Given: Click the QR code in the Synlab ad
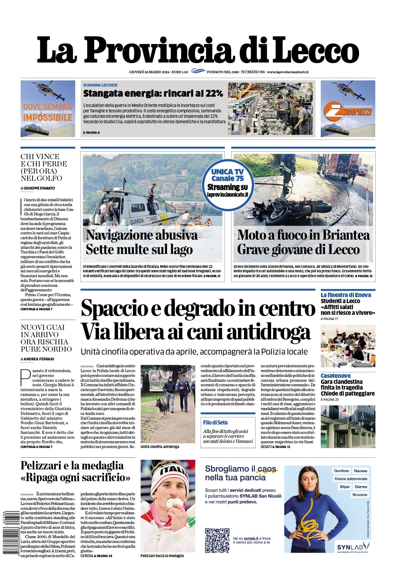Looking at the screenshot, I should pos(217,540).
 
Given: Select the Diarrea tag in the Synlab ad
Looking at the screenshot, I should pos(360,487).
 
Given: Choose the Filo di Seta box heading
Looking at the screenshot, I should pos(215,422).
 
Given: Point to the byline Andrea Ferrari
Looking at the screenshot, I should pos(39,359).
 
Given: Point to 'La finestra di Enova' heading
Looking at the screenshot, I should pos(346,295).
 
